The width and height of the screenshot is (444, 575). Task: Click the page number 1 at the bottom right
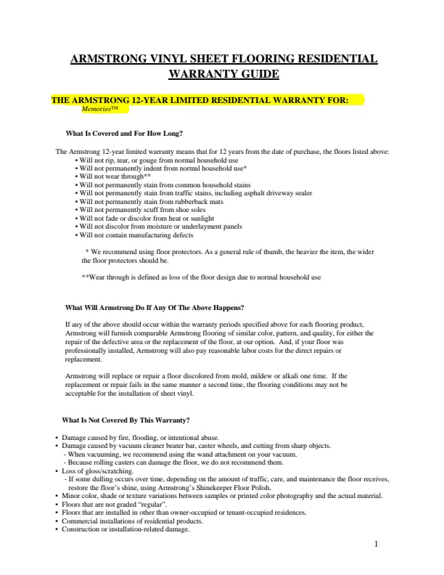[x=377, y=543]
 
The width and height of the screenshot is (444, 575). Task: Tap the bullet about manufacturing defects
[x=136, y=236]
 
